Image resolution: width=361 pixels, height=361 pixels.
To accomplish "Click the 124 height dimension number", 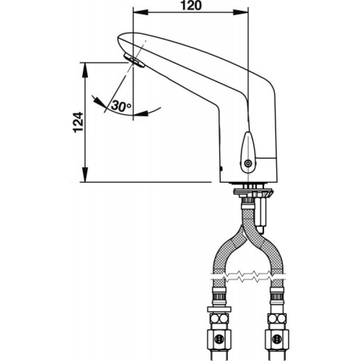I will click(78, 122).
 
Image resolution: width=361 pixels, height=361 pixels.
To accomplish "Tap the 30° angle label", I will click(121, 106).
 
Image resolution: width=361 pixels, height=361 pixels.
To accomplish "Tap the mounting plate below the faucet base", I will click(253, 192).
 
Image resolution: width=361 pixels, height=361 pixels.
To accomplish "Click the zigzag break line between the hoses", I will click(248, 275).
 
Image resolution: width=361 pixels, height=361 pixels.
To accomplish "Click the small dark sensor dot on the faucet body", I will click(221, 169).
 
